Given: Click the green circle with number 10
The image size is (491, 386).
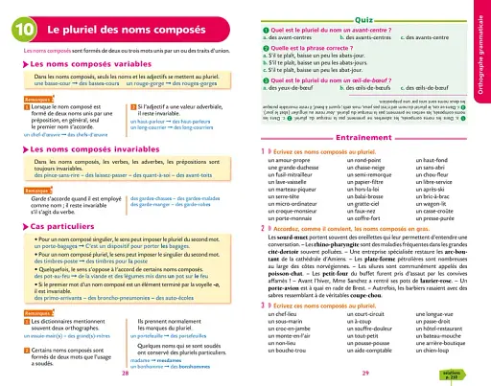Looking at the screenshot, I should [21, 31].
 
